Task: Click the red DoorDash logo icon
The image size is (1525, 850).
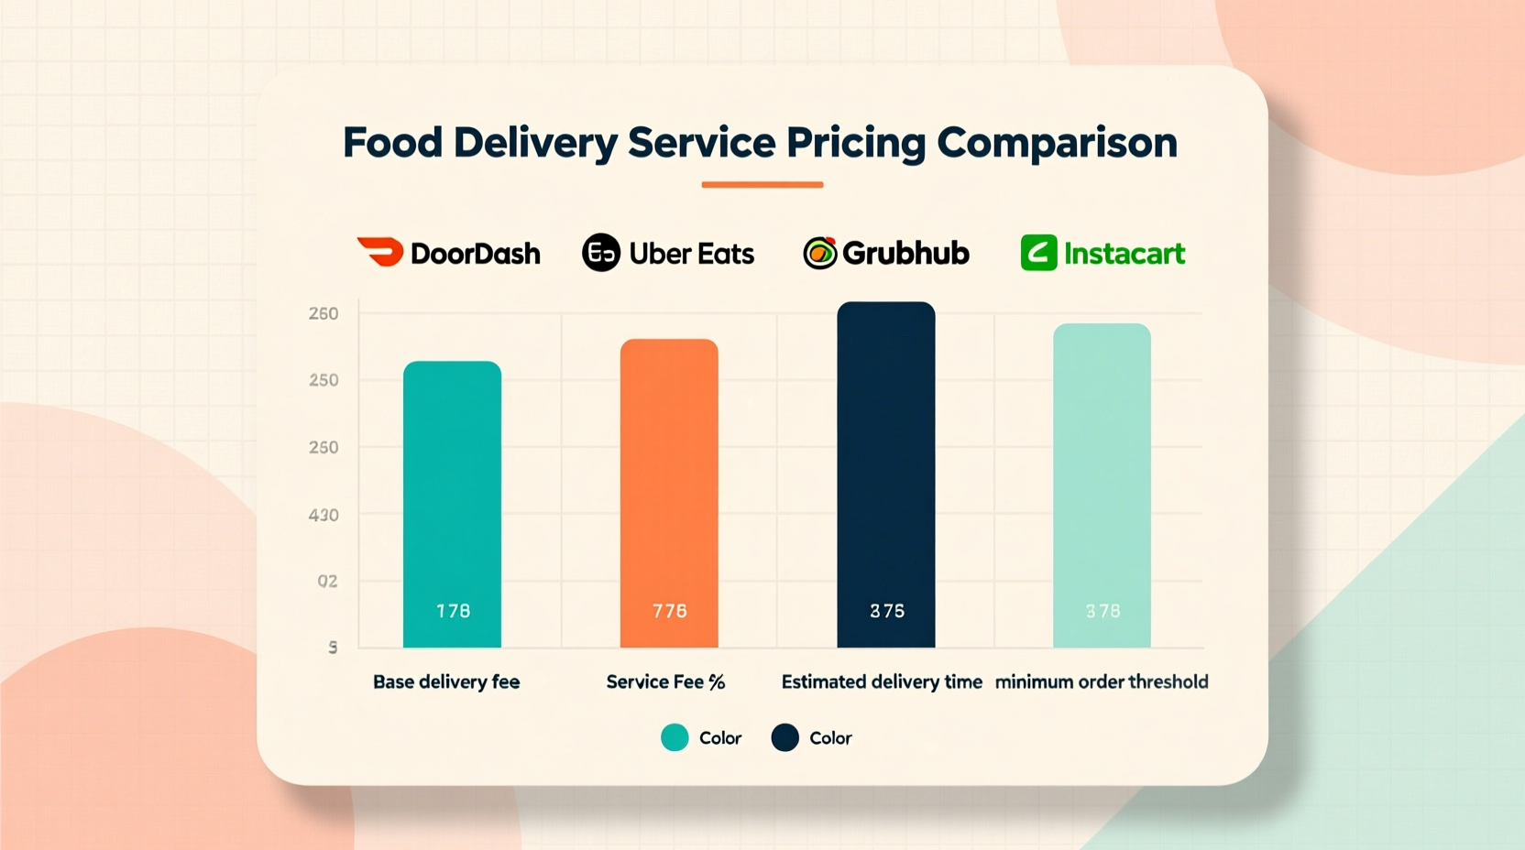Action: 380,252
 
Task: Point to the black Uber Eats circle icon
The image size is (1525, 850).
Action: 601,253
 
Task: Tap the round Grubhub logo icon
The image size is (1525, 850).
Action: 819,253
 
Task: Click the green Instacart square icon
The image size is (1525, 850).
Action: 1038,253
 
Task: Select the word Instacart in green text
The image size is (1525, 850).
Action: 1125,254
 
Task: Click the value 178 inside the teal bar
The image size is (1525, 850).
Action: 453,611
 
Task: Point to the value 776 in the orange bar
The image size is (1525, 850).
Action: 670,611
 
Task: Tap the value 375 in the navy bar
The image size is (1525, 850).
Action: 887,611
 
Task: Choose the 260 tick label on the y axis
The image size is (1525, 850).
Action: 324,313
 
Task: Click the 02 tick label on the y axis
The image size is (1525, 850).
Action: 327,581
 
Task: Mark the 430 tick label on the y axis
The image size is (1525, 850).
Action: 324,515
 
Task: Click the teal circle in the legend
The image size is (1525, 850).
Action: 675,737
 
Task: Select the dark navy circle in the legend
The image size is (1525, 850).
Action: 784,737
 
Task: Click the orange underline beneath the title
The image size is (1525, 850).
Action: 762,185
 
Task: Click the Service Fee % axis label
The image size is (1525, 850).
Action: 665,681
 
